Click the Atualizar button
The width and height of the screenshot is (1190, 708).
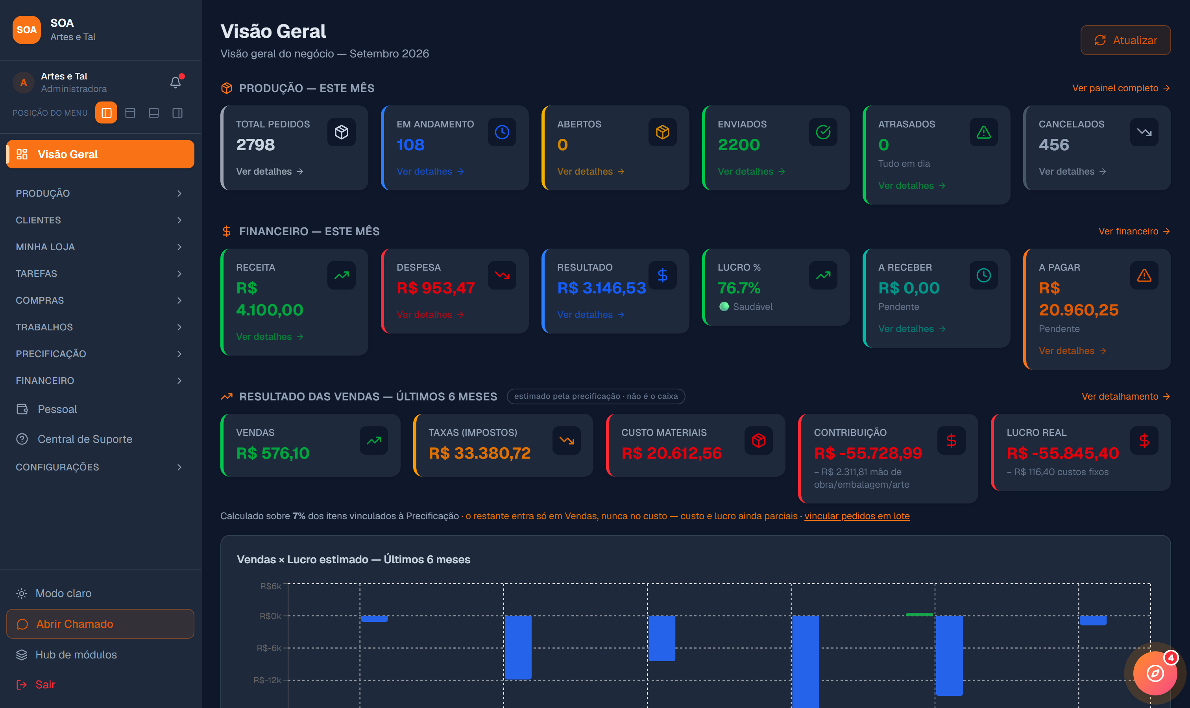[1125, 40]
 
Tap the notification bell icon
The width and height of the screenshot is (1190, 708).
[176, 82]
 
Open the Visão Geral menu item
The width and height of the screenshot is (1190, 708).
[100, 154]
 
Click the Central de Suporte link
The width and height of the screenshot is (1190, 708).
[85, 439]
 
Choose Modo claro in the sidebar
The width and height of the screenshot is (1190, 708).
[63, 593]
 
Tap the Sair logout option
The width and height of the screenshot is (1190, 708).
[45, 685]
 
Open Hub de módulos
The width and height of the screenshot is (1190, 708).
[76, 655]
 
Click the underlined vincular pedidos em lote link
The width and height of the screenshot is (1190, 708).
[857, 516]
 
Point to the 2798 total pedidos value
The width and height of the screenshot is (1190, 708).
[255, 145]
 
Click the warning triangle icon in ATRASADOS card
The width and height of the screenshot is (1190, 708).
[983, 132]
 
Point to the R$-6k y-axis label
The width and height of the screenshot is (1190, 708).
[269, 648]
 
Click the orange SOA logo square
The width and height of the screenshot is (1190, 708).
[27, 29]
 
